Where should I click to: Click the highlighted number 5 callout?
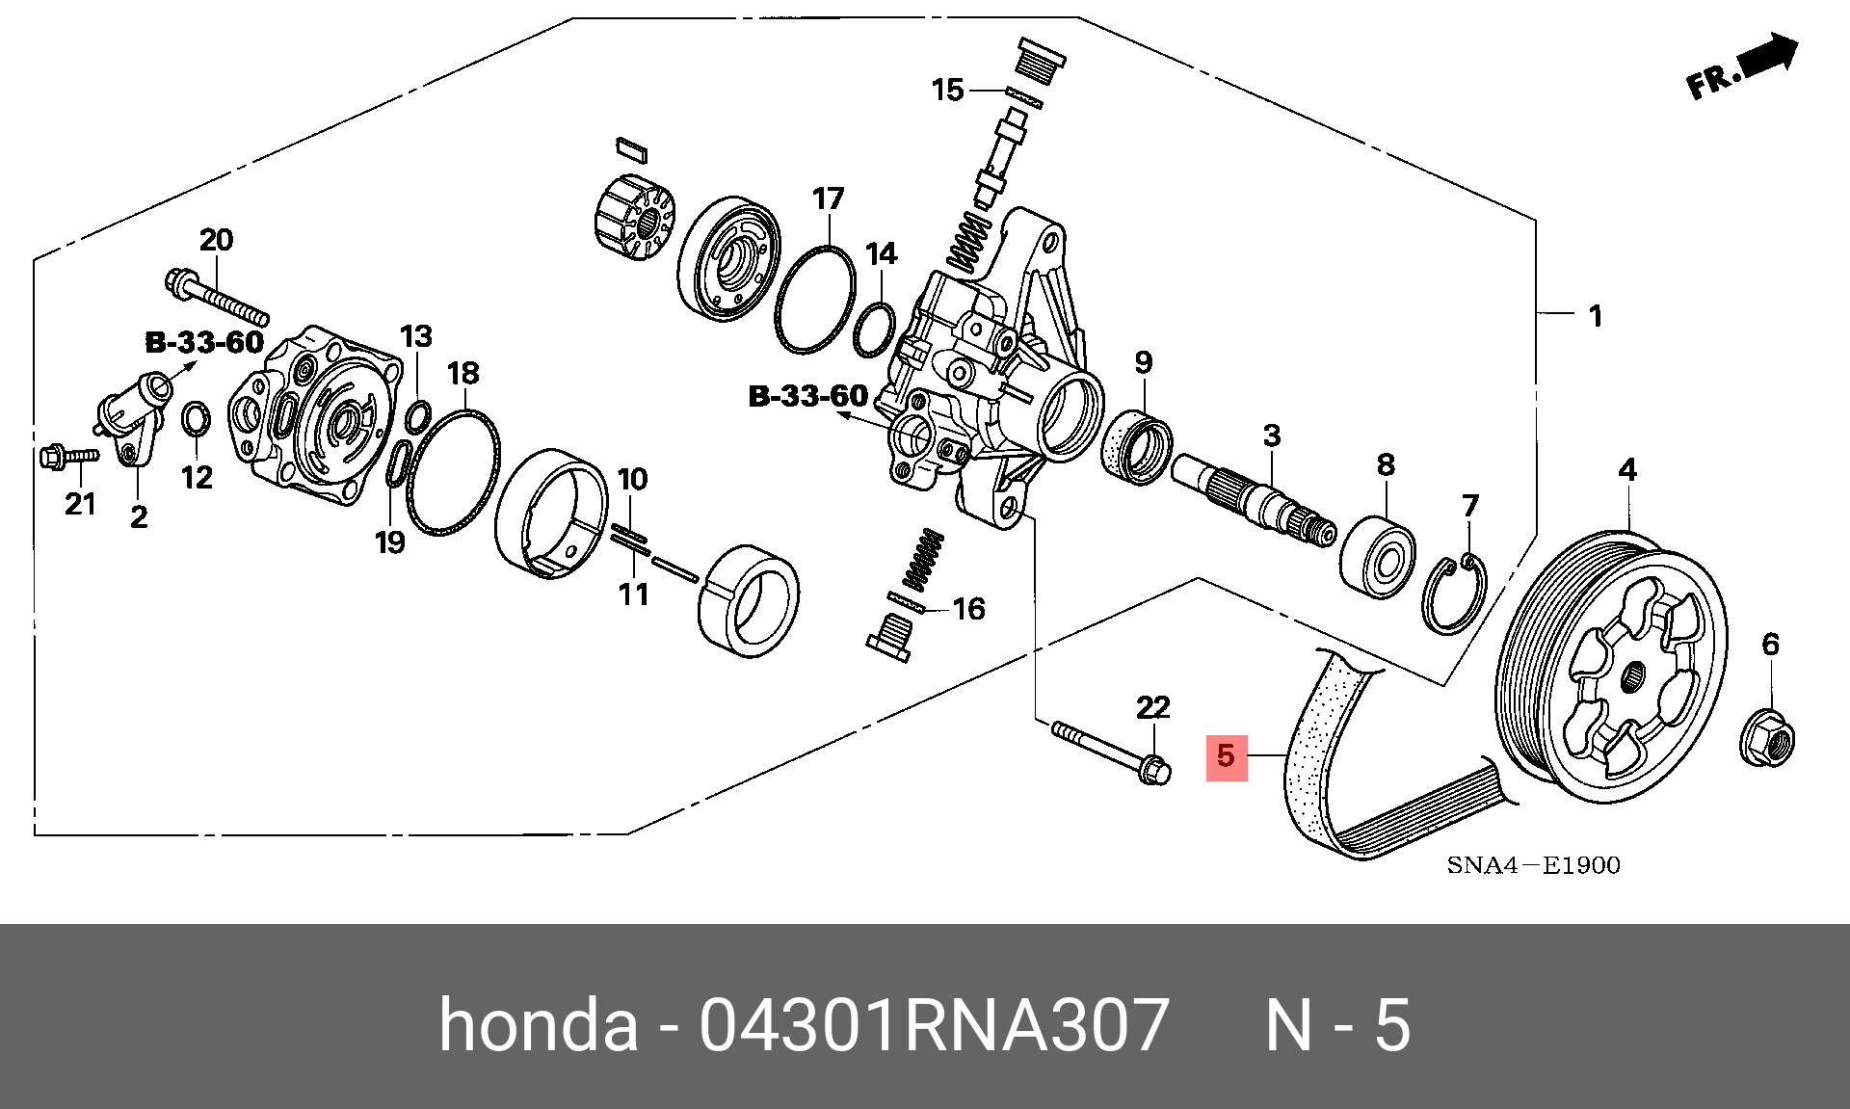pyautogui.click(x=1226, y=756)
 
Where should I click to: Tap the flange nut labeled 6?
pyautogui.click(x=1767, y=740)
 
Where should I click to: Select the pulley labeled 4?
pyautogui.click(x=1612, y=665)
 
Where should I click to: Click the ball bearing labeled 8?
pyautogui.click(x=1378, y=557)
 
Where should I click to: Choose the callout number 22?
pyautogui.click(x=1152, y=708)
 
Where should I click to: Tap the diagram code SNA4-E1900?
pyautogui.click(x=1533, y=865)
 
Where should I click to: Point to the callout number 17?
pyautogui.click(x=828, y=199)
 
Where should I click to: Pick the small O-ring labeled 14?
pyautogui.click(x=874, y=330)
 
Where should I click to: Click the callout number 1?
pyautogui.click(x=1596, y=316)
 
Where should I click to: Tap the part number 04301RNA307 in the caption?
pyautogui.click(x=934, y=1024)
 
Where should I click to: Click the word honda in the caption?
pyautogui.click(x=538, y=1024)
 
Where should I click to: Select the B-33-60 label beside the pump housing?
pyautogui.click(x=808, y=396)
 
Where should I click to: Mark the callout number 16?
pyautogui.click(x=968, y=609)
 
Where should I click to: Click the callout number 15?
pyautogui.click(x=947, y=91)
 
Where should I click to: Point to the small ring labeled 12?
pyautogui.click(x=196, y=420)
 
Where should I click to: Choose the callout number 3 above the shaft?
pyautogui.click(x=1272, y=436)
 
